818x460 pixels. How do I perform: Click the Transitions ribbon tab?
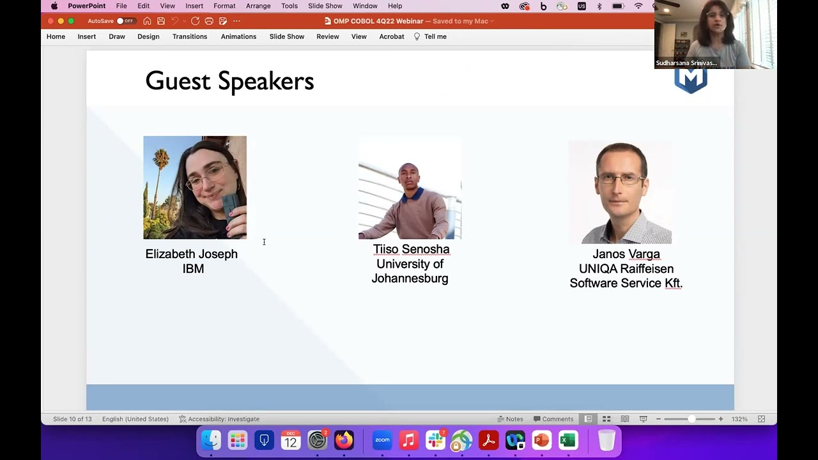[190, 36]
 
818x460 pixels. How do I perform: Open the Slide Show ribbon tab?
[286, 36]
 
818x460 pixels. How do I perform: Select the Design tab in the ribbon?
[148, 36]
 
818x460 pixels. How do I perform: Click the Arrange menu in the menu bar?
[258, 6]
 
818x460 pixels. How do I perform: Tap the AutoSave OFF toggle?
[125, 21]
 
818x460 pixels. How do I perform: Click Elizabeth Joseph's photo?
[195, 187]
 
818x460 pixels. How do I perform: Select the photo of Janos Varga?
[620, 192]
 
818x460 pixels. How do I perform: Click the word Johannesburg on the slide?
[410, 279]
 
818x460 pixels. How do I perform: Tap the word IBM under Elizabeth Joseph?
[193, 269]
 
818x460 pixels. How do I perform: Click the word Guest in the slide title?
[178, 81]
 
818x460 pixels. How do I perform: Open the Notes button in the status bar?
[510, 419]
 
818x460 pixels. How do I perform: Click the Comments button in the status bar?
[553, 419]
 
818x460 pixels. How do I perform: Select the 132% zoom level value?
[739, 419]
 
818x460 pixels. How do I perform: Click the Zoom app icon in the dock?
[382, 440]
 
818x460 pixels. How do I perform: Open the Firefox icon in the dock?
[344, 440]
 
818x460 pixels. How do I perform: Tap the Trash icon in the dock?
[606, 440]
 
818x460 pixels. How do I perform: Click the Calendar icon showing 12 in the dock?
[291, 440]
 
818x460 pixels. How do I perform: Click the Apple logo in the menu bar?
[54, 6]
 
